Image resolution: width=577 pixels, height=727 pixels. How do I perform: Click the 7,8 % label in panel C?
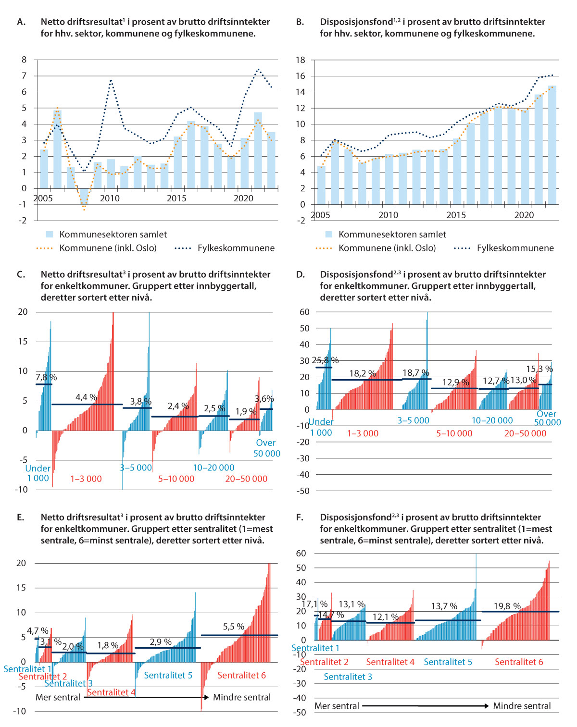46,377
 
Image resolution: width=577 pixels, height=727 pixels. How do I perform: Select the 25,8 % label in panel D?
325,360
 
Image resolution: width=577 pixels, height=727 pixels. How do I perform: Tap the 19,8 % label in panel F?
507,606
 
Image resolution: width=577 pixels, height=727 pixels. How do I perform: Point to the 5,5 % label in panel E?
234,627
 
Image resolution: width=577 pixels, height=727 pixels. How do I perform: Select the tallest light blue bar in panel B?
552,144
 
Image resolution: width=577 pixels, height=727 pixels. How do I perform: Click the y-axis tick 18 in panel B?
301,60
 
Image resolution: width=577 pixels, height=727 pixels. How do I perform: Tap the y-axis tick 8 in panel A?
24,60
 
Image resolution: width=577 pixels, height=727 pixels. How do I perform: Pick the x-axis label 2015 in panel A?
176,198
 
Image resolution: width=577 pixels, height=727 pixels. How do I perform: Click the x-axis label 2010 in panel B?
388,215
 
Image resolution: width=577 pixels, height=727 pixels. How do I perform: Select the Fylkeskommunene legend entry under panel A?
236,248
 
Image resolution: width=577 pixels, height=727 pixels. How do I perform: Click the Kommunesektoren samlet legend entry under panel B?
392,234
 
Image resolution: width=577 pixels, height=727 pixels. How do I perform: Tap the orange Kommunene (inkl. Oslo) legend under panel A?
108,248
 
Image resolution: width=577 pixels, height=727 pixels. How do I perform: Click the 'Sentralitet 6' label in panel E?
241,675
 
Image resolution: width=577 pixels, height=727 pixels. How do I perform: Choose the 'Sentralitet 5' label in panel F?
448,662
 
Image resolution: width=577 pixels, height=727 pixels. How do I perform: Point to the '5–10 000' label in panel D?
454,433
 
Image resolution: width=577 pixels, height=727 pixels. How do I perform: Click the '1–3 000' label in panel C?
86,479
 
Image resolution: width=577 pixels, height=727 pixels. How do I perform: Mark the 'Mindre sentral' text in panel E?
242,697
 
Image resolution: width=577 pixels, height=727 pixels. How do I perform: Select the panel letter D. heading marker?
301,274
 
